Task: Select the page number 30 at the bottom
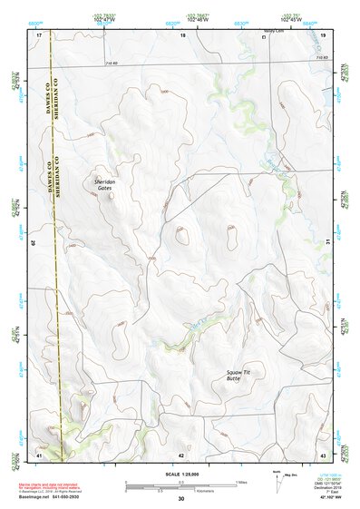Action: click(181, 499)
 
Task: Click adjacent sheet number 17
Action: click(39, 34)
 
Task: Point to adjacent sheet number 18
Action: click(183, 34)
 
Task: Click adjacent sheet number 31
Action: click(325, 243)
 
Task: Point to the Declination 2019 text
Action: click(326, 488)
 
